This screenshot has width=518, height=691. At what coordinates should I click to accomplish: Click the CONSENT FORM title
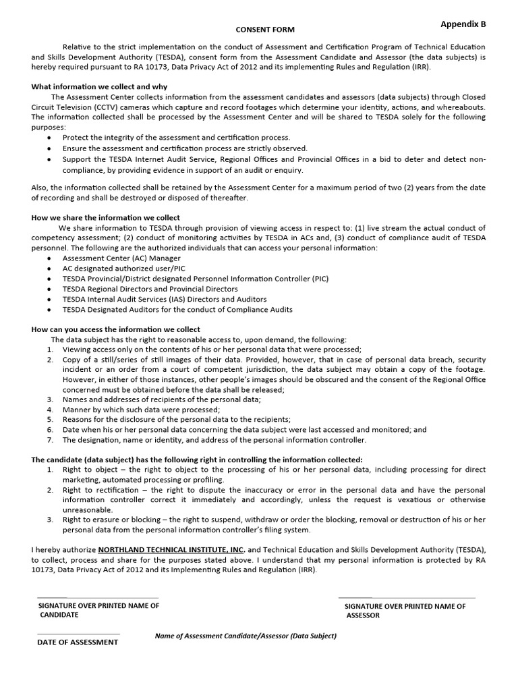264,30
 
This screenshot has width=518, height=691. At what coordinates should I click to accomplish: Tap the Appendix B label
463,24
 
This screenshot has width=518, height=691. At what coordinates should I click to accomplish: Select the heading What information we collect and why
99,87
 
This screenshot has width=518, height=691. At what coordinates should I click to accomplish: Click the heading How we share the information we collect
106,217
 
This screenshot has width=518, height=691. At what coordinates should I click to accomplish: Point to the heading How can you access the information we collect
115,329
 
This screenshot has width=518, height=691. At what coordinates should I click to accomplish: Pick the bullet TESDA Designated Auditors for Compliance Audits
177,309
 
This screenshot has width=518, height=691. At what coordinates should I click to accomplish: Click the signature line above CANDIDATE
98,598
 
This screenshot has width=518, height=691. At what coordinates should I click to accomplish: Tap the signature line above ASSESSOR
406,598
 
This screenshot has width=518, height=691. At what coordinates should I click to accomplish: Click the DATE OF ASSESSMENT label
77,642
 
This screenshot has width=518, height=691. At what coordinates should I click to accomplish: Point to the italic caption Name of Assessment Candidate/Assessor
246,636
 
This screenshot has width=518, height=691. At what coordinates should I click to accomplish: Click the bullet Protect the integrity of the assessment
176,138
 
